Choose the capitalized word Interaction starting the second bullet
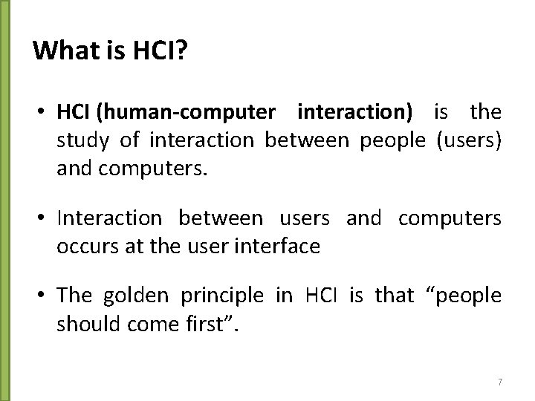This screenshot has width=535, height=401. (x=108, y=218)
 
